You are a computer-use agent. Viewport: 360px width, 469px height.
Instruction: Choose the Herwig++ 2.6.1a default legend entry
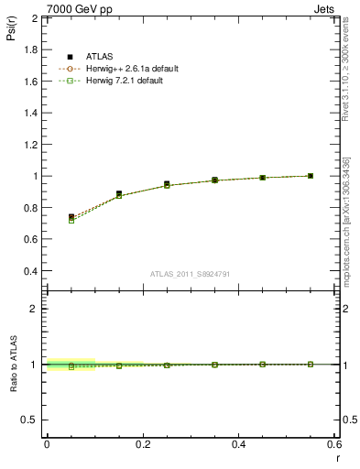(125, 68)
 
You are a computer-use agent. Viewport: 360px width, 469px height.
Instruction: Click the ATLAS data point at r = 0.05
(71, 217)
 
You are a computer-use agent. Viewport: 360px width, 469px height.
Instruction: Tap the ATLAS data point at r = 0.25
(167, 184)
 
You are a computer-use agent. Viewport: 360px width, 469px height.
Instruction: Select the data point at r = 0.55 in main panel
(311, 176)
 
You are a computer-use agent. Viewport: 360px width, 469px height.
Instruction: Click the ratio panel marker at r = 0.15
(119, 365)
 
